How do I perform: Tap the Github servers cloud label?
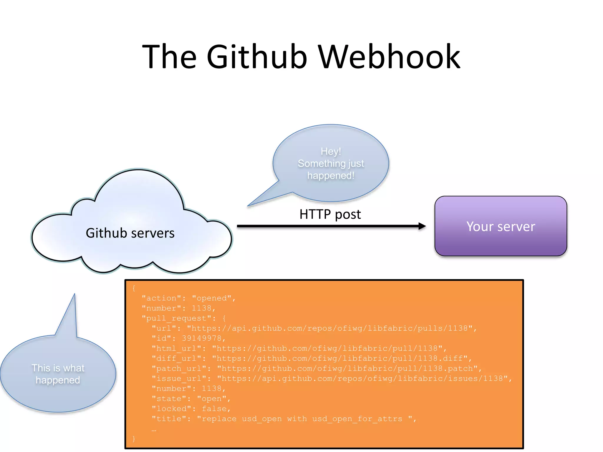130,233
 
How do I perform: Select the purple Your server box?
501,226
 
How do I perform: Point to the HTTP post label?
330,214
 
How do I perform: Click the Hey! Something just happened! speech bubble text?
331,163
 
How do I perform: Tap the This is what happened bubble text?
58,374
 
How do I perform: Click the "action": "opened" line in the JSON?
188,298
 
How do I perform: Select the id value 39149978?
201,338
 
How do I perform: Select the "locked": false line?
191,409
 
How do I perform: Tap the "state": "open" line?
191,399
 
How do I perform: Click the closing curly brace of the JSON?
134,439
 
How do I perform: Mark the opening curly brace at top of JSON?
134,288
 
